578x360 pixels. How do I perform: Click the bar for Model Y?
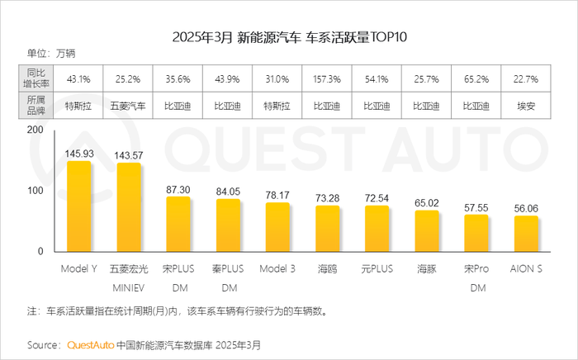tap(79, 206)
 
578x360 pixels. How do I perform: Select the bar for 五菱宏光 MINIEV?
tap(129, 207)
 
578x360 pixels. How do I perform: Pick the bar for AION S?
tap(526, 234)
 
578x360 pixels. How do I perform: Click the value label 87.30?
tap(178, 189)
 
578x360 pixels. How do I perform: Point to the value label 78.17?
tap(277, 195)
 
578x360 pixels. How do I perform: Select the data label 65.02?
tap(427, 202)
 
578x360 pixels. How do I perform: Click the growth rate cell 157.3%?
tap(327, 80)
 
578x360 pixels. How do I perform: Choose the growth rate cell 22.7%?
tap(526, 80)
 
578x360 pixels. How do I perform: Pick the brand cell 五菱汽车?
tap(129, 107)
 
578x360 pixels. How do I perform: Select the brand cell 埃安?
tap(526, 107)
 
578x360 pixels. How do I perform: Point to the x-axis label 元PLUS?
tap(377, 269)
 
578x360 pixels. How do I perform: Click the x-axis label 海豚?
tap(427, 269)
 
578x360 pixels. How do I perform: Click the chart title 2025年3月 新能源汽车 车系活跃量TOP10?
tap(289, 37)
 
